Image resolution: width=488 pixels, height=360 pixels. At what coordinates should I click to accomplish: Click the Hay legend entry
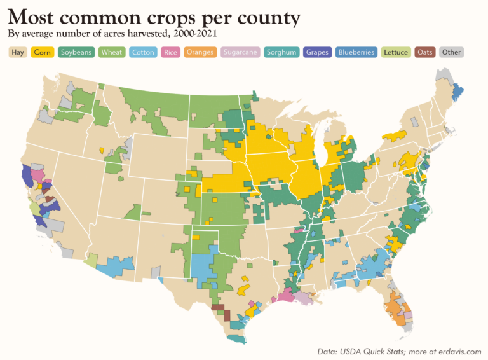click(x=18, y=52)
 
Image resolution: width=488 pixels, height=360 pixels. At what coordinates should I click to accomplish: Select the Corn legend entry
click(x=43, y=52)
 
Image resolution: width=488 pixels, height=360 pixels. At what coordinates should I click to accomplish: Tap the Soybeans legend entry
click(x=76, y=52)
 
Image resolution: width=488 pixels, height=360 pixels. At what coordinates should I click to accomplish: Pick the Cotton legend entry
click(x=143, y=52)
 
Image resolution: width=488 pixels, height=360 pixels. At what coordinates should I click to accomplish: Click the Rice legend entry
click(x=170, y=52)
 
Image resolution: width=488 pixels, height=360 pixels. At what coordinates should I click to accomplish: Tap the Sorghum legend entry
click(x=281, y=52)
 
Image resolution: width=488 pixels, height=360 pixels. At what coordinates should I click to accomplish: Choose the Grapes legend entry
click(x=317, y=52)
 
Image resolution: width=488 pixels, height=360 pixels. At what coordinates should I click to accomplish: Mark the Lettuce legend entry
click(x=396, y=52)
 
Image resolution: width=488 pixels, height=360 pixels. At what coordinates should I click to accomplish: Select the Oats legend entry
click(x=425, y=52)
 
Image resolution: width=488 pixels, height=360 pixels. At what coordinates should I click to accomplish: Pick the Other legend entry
click(x=452, y=52)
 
